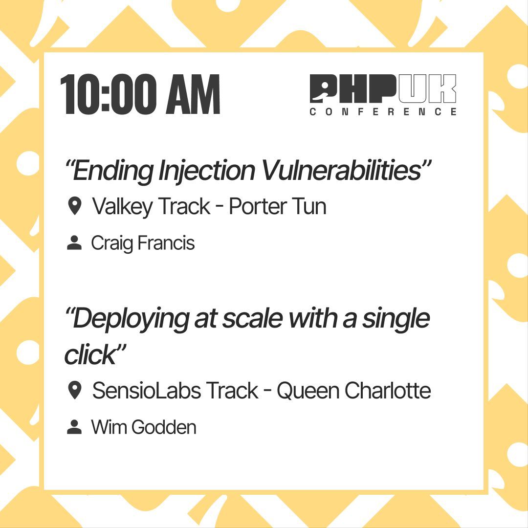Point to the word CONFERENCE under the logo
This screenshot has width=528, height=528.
(x=383, y=112)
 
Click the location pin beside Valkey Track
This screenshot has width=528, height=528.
(x=74, y=206)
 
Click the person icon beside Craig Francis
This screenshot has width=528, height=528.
(x=74, y=243)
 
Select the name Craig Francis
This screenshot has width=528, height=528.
(x=143, y=243)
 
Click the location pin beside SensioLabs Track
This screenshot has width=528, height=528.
(x=74, y=391)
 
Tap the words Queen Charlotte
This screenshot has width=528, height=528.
(x=353, y=391)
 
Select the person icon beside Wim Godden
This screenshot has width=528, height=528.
(x=74, y=427)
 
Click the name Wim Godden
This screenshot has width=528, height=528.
(x=144, y=427)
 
